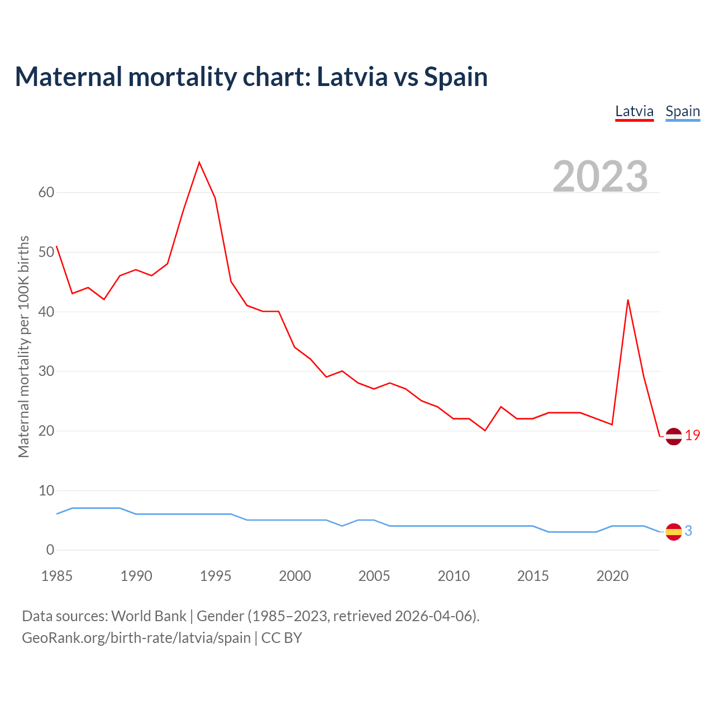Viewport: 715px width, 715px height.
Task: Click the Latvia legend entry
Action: coord(634,111)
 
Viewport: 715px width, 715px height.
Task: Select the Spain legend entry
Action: coord(683,111)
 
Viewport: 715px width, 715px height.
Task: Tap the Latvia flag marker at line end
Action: coord(674,436)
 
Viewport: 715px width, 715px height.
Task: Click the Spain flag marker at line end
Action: coord(674,532)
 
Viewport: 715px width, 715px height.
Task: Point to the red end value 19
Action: coord(693,436)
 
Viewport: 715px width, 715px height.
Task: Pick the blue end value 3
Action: coord(689,531)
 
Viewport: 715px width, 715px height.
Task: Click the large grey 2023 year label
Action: coord(600,177)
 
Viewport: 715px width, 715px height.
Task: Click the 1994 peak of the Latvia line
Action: coord(199,163)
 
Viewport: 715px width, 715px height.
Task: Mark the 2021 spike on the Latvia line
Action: coord(628,300)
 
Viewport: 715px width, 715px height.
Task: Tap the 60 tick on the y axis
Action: coord(46,193)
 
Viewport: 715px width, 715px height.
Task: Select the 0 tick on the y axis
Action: coord(50,550)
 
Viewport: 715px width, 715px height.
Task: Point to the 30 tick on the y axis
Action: coord(46,371)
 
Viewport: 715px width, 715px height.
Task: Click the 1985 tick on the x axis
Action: coord(57,576)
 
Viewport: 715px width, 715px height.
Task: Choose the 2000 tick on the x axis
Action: coord(295,576)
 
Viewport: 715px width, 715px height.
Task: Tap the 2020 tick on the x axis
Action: coord(612,576)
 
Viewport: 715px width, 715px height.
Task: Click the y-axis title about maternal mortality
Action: coord(23,346)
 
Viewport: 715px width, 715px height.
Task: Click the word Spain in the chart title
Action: coord(456,77)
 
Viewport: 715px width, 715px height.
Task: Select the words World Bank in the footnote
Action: coord(149,616)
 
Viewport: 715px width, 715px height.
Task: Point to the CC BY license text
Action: coord(282,638)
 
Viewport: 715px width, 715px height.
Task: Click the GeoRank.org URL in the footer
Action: coord(136,638)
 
